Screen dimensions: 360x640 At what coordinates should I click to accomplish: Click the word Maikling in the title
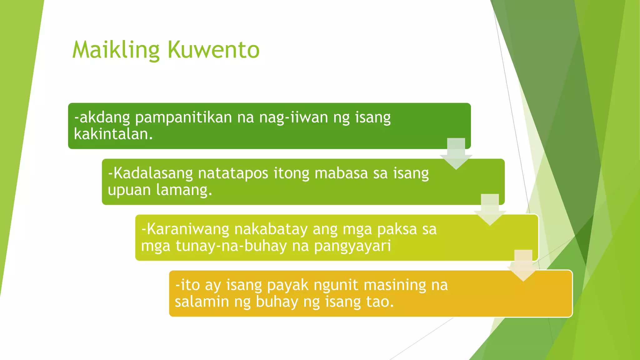click(116, 50)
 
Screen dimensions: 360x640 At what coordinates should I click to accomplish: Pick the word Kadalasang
click(150, 174)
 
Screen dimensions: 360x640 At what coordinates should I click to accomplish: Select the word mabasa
click(341, 174)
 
